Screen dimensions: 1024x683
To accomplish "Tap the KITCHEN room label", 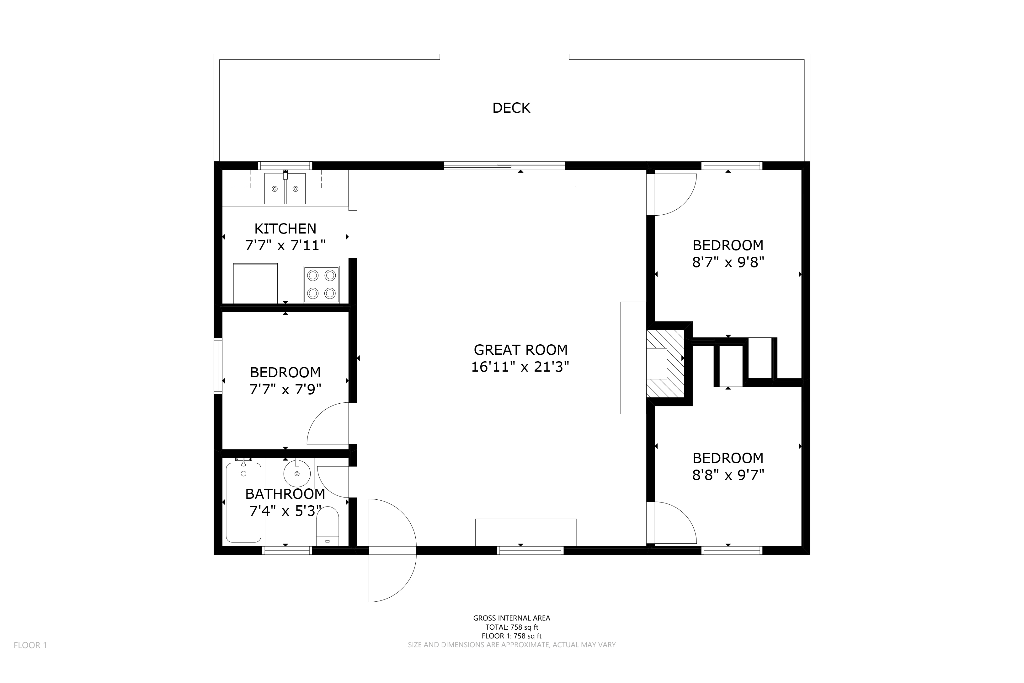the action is coord(285,229).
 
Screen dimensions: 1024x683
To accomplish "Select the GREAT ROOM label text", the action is coord(520,350).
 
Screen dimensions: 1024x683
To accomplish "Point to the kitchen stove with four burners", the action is coord(321,284).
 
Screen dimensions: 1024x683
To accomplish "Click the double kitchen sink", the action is coord(285,188).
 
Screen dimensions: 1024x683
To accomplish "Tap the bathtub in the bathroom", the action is coord(243,502).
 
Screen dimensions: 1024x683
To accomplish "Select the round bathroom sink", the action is coord(297,473).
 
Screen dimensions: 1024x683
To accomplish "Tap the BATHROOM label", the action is coord(285,494).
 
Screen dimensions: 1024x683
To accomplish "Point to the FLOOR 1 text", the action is coord(30,645).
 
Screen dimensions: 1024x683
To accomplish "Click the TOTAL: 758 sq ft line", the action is coord(512,627).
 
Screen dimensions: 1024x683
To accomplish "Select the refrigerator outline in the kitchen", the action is coord(255,283).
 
